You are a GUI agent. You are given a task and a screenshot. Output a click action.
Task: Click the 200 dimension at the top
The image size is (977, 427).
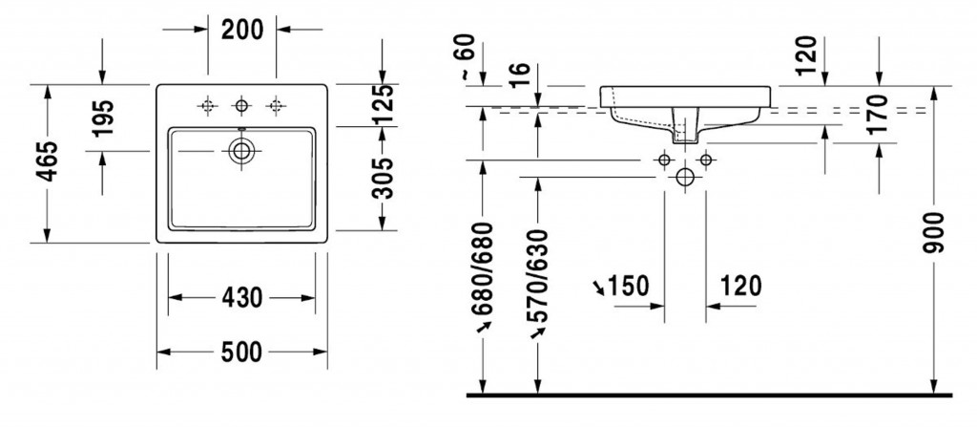click(242, 30)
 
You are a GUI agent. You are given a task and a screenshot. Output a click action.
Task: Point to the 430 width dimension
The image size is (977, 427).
click(242, 298)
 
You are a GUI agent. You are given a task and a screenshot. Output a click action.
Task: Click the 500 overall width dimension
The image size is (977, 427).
click(242, 352)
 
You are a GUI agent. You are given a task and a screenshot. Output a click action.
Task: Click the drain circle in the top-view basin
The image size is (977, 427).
click(242, 150)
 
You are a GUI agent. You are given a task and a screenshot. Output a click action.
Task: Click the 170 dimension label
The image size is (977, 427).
click(879, 114)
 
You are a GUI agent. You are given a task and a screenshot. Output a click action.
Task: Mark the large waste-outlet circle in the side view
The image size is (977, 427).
click(684, 177)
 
